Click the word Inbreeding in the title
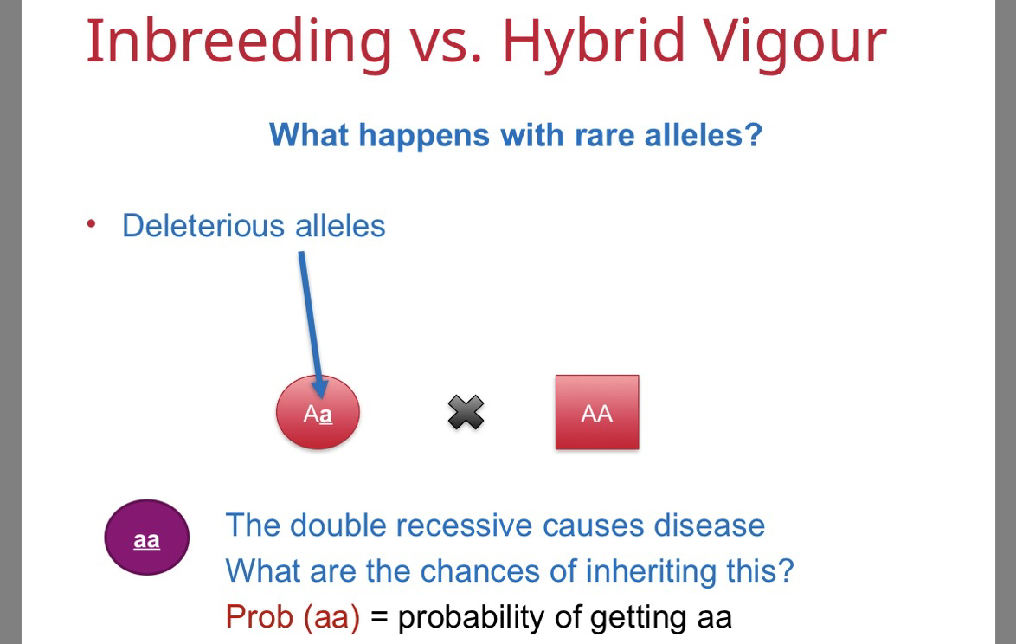(x=239, y=42)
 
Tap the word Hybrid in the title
(x=593, y=42)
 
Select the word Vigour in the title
(x=794, y=42)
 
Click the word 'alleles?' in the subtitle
(x=704, y=135)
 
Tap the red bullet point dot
(x=92, y=224)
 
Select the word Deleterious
(x=203, y=226)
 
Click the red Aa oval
(x=318, y=412)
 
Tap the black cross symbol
(x=466, y=412)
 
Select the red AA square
(x=597, y=412)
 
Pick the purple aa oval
(x=146, y=537)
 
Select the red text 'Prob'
(x=259, y=617)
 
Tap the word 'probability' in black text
(x=471, y=618)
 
